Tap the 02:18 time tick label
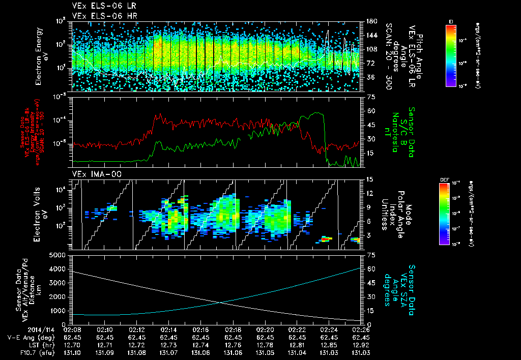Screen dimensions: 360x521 (x=233, y=329)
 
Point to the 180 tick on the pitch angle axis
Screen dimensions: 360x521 (x=370, y=21)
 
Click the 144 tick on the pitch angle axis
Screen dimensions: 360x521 (x=370, y=36)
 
